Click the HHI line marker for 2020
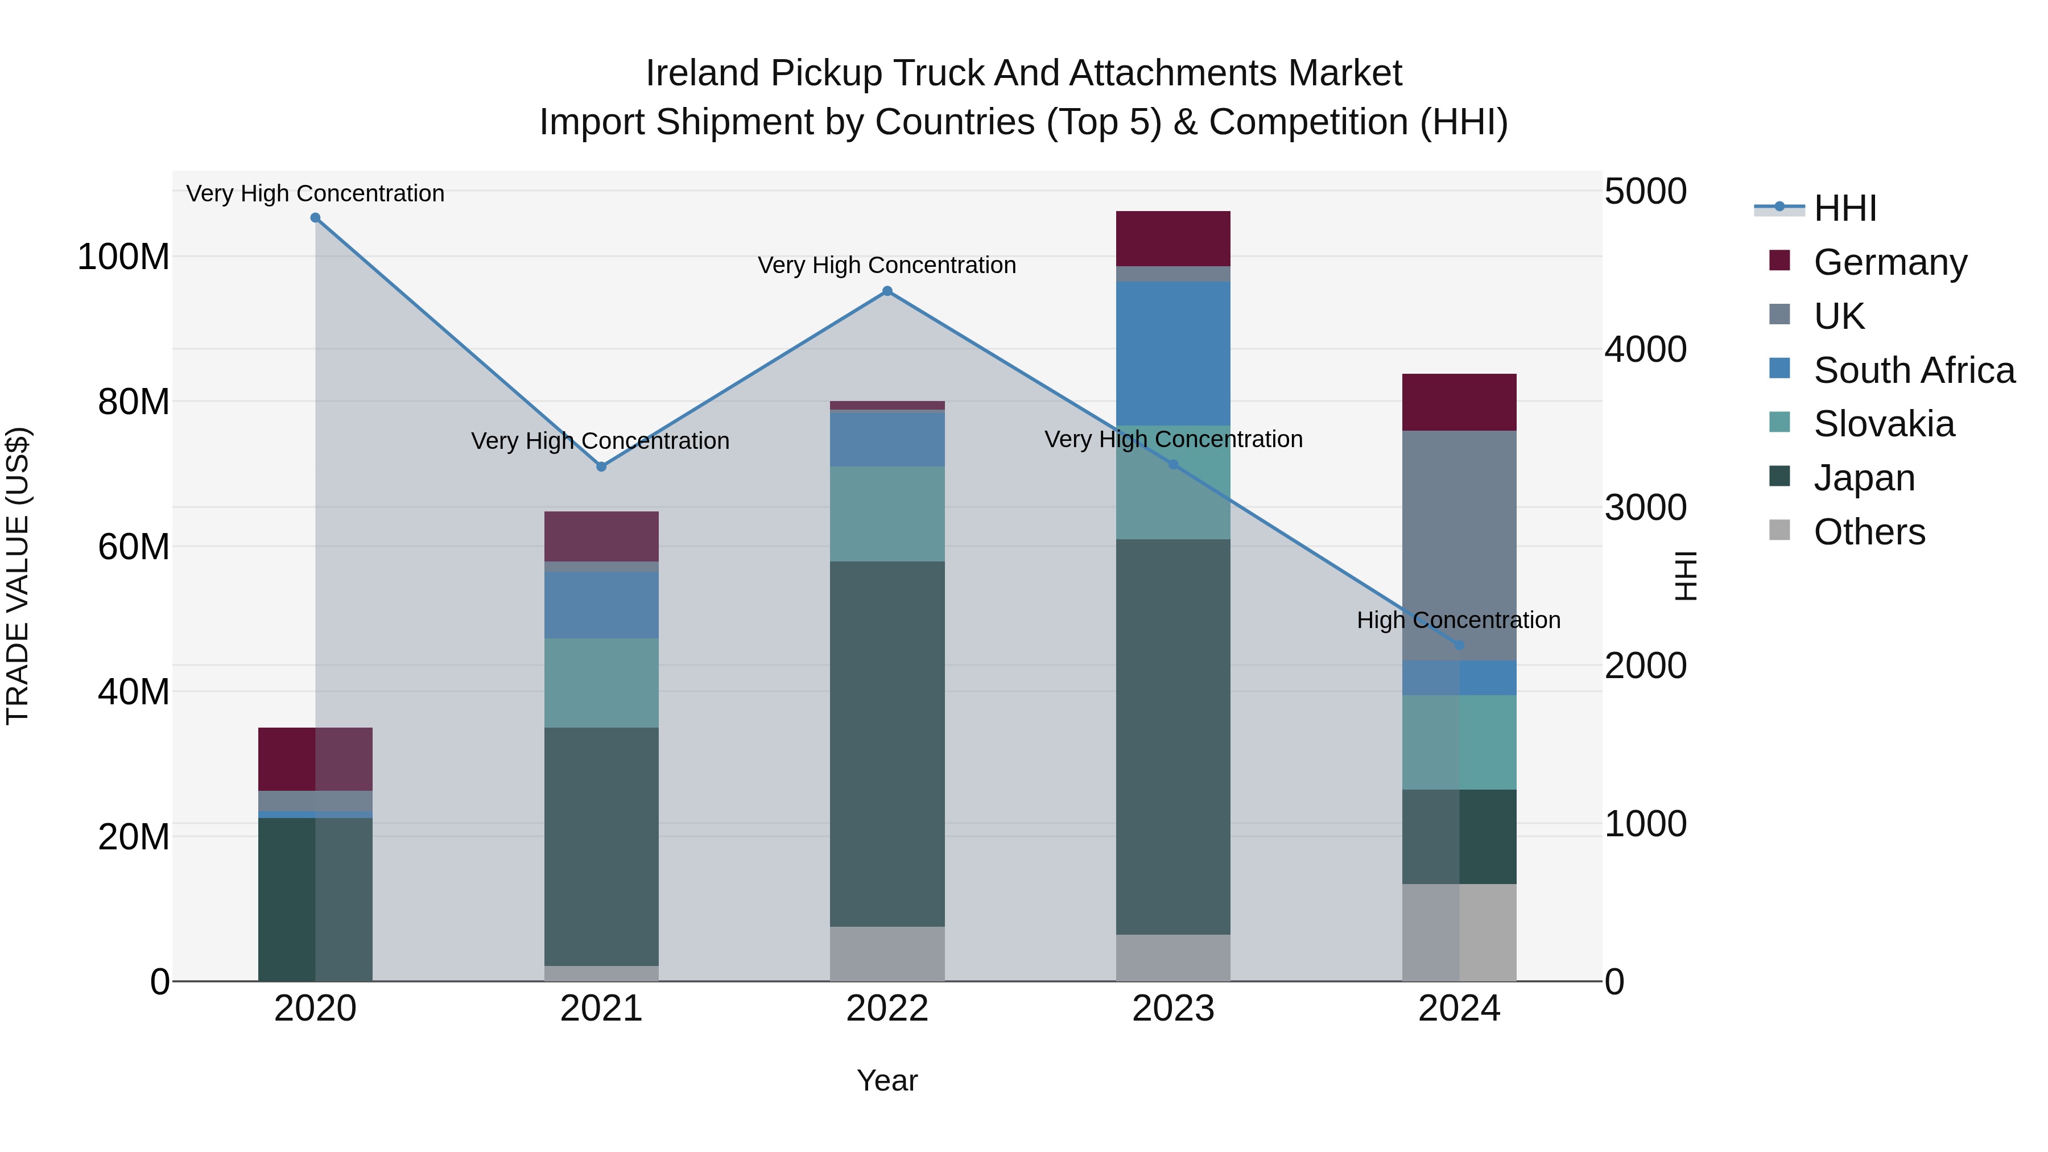[x=316, y=218]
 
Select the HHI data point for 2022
[x=887, y=291]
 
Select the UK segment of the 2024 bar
[x=1459, y=546]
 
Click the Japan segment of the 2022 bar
[x=887, y=744]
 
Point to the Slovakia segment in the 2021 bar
[x=601, y=682]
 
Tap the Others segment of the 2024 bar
[x=1459, y=932]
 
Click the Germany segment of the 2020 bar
[x=316, y=758]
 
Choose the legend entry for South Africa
[x=1914, y=370]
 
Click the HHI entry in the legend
[x=1844, y=208]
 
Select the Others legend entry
[x=1868, y=532]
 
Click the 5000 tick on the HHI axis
[x=1645, y=192]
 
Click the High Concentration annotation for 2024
[x=1458, y=620]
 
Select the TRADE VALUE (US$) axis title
[x=18, y=576]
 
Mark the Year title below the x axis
[x=887, y=1080]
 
